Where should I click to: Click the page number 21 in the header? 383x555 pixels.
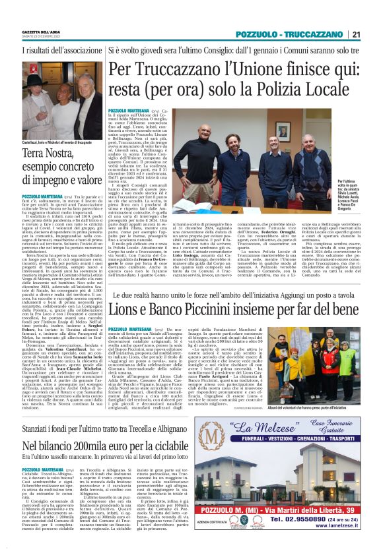(355, 34)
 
